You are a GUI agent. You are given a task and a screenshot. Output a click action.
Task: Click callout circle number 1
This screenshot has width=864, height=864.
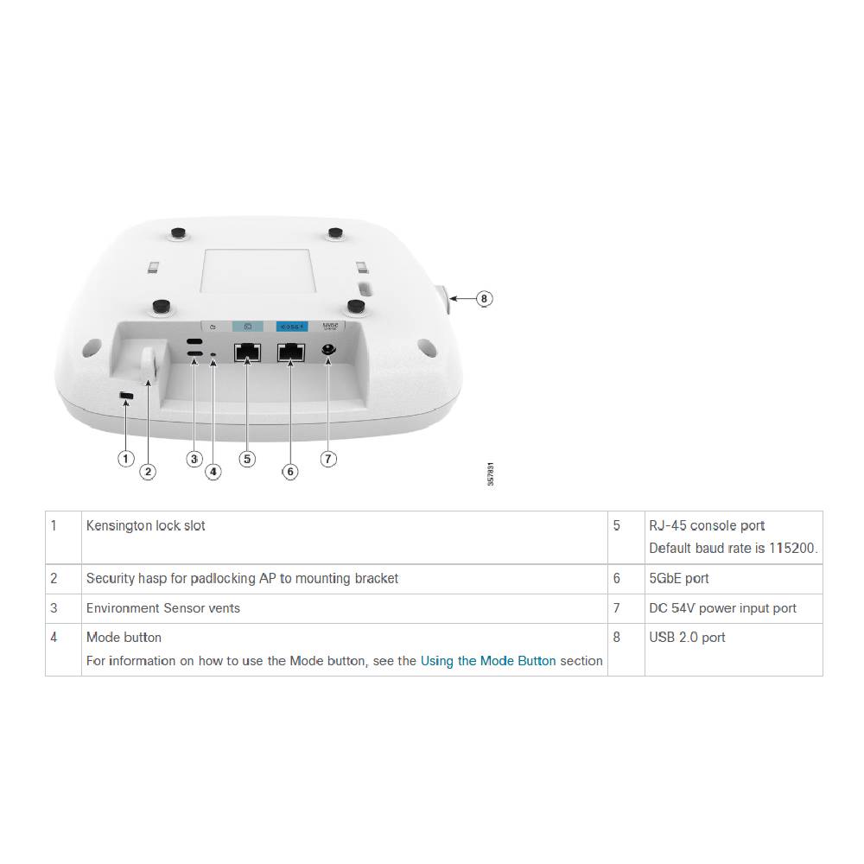coord(126,458)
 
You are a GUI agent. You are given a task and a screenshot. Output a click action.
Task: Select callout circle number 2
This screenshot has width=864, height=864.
coord(149,471)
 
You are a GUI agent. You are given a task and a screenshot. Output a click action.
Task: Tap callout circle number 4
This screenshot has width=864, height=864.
coord(213,471)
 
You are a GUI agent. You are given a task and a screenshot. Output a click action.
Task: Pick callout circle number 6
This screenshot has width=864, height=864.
coord(290,471)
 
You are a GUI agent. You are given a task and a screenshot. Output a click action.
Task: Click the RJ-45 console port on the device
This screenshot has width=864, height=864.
coord(248,353)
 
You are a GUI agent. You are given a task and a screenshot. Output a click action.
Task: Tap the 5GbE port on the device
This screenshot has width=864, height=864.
coord(290,353)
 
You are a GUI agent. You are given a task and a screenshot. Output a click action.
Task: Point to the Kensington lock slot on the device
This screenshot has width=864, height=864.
coord(126,396)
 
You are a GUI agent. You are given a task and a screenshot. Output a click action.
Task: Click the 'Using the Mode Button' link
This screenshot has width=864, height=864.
coord(488,661)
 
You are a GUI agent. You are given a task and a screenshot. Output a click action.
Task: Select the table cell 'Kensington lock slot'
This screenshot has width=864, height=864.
coord(145,525)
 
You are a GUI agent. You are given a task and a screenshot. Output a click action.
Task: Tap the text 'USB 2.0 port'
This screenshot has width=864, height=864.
coord(687,638)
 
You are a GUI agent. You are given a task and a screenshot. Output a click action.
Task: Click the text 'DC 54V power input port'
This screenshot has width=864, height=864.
coord(722,608)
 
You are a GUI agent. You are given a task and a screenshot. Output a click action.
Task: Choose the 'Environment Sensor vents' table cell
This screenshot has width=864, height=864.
coord(162,608)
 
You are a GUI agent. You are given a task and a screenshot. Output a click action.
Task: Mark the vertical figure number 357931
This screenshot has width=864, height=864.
coord(491,475)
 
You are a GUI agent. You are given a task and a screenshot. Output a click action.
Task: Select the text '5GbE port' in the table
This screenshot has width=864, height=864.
coord(678,579)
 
